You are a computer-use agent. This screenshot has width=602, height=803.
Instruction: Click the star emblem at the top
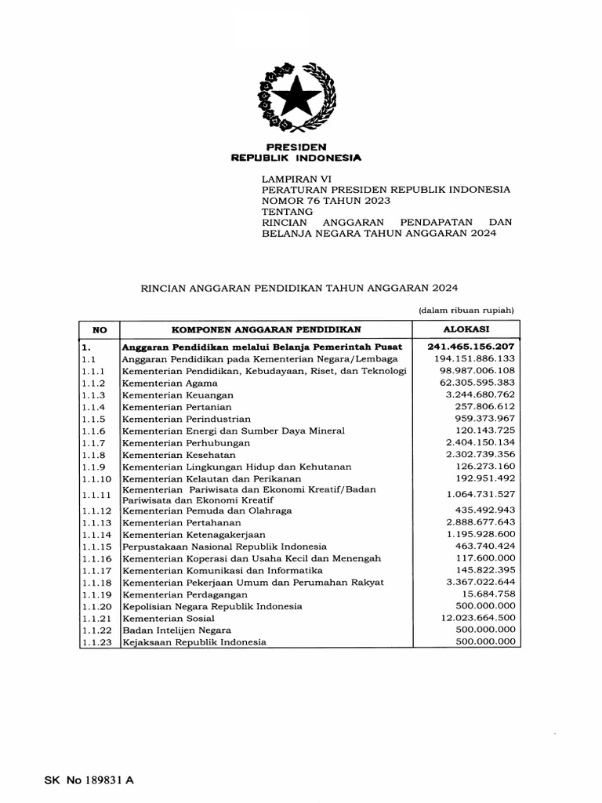296,99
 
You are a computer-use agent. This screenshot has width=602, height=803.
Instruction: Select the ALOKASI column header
466,330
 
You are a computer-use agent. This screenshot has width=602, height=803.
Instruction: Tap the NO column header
99,330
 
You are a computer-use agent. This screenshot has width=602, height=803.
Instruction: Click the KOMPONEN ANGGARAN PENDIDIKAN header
267,330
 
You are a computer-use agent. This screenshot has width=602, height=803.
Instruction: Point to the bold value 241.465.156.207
471,346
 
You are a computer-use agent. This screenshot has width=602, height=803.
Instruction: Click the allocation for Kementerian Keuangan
480,394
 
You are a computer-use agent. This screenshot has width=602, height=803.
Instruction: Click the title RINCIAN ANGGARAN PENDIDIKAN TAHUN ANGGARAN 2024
298,288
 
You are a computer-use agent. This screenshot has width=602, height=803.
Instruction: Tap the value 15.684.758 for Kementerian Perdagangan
488,594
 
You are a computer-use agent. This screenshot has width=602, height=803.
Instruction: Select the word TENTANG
287,212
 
